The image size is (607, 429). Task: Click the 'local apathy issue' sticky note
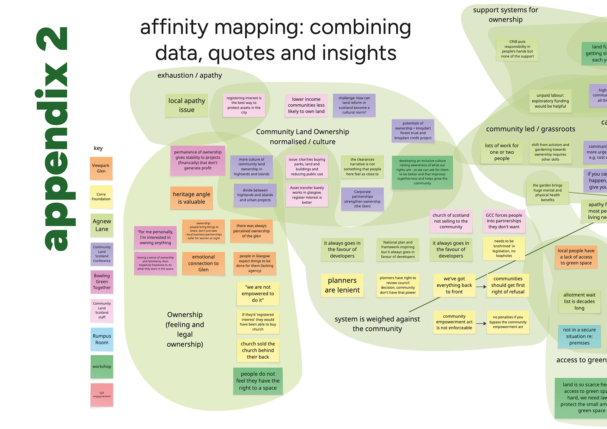[x=187, y=105]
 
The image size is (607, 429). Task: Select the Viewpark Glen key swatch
[x=101, y=168]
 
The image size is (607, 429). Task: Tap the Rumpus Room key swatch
[x=102, y=339]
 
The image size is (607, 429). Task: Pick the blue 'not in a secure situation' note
[x=579, y=336]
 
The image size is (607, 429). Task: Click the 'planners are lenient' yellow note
[x=342, y=285]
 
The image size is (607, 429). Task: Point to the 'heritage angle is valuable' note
[x=191, y=198]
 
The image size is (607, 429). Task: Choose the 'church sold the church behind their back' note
[x=258, y=350]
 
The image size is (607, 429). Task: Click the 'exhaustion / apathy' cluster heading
[x=190, y=75]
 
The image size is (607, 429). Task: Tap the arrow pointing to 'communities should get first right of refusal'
[x=481, y=287]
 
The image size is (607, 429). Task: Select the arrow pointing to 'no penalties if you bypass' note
[x=481, y=323]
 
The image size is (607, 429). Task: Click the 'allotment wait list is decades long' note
[x=579, y=301]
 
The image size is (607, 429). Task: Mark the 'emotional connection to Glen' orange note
[x=203, y=263]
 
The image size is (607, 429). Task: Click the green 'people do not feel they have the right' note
[x=258, y=381]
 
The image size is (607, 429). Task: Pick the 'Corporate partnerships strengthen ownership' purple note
[x=362, y=199]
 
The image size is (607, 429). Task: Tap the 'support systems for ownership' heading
[x=506, y=15]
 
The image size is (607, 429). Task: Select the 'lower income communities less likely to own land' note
[x=306, y=105]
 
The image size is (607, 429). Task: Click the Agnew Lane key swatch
[x=102, y=225]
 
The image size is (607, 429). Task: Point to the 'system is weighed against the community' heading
[x=377, y=324]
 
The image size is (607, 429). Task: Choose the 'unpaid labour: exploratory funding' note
[x=550, y=101]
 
